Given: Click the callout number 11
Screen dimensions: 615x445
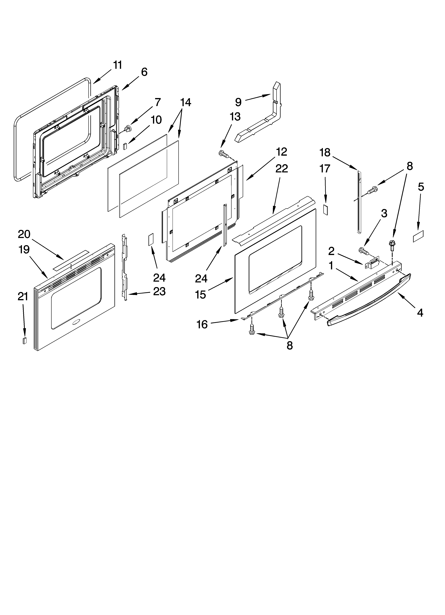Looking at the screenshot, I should (x=117, y=65).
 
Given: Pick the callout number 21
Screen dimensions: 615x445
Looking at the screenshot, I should (x=23, y=297).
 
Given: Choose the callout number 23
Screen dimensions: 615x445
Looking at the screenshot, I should (x=159, y=291).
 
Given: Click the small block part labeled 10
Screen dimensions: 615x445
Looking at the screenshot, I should (x=125, y=146).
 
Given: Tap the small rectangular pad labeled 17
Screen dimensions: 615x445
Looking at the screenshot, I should (x=326, y=210).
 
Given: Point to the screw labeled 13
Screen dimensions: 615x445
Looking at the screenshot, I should (x=224, y=154).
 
